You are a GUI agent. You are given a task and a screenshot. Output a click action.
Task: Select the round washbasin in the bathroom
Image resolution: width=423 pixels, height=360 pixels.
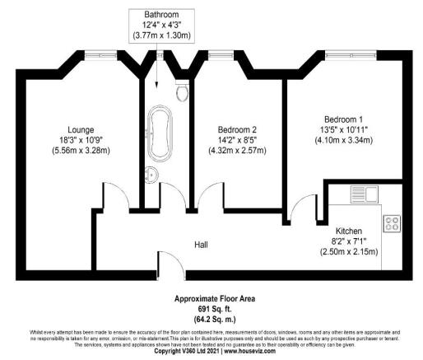click(151, 174)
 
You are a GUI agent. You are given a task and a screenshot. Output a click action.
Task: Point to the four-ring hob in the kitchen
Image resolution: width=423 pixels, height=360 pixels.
click(389, 222)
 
